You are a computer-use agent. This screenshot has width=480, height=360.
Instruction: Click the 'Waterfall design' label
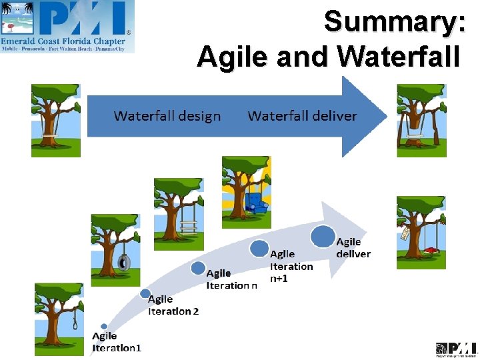click(167, 116)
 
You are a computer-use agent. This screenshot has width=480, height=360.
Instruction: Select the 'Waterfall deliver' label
click(302, 116)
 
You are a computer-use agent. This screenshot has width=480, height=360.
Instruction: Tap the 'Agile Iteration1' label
click(116, 341)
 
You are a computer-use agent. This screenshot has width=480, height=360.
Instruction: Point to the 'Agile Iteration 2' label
click(173, 305)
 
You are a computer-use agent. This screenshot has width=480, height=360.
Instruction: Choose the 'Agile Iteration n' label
click(231, 279)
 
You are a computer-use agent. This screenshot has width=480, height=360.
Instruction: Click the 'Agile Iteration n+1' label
click(291, 266)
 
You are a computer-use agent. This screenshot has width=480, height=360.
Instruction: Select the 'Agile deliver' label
click(353, 247)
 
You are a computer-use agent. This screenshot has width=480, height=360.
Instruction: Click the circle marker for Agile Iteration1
click(104, 327)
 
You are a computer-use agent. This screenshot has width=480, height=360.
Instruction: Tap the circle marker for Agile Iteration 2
click(145, 293)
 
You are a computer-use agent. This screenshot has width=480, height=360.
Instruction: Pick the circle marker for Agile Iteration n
click(198, 268)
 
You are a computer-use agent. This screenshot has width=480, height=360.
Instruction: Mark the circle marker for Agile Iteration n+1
click(259, 249)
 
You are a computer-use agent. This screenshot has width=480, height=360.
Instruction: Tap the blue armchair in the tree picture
click(255, 202)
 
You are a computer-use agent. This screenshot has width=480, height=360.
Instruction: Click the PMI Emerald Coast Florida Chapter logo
click(67, 27)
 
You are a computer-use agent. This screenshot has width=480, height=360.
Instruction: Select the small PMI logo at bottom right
click(457, 349)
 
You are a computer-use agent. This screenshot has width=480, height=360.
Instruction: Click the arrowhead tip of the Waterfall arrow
click(385, 117)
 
